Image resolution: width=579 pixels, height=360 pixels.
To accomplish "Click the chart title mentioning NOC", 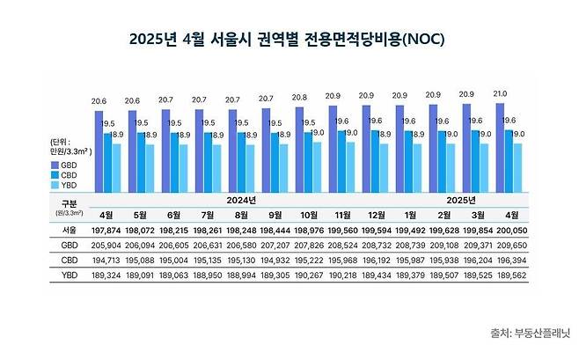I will pyautogui.click(x=289, y=40).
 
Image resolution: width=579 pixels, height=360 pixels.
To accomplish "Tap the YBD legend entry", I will pyautogui.click(x=62, y=186).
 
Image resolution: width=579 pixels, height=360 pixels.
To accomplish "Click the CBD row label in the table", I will pyautogui.click(x=59, y=260).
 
